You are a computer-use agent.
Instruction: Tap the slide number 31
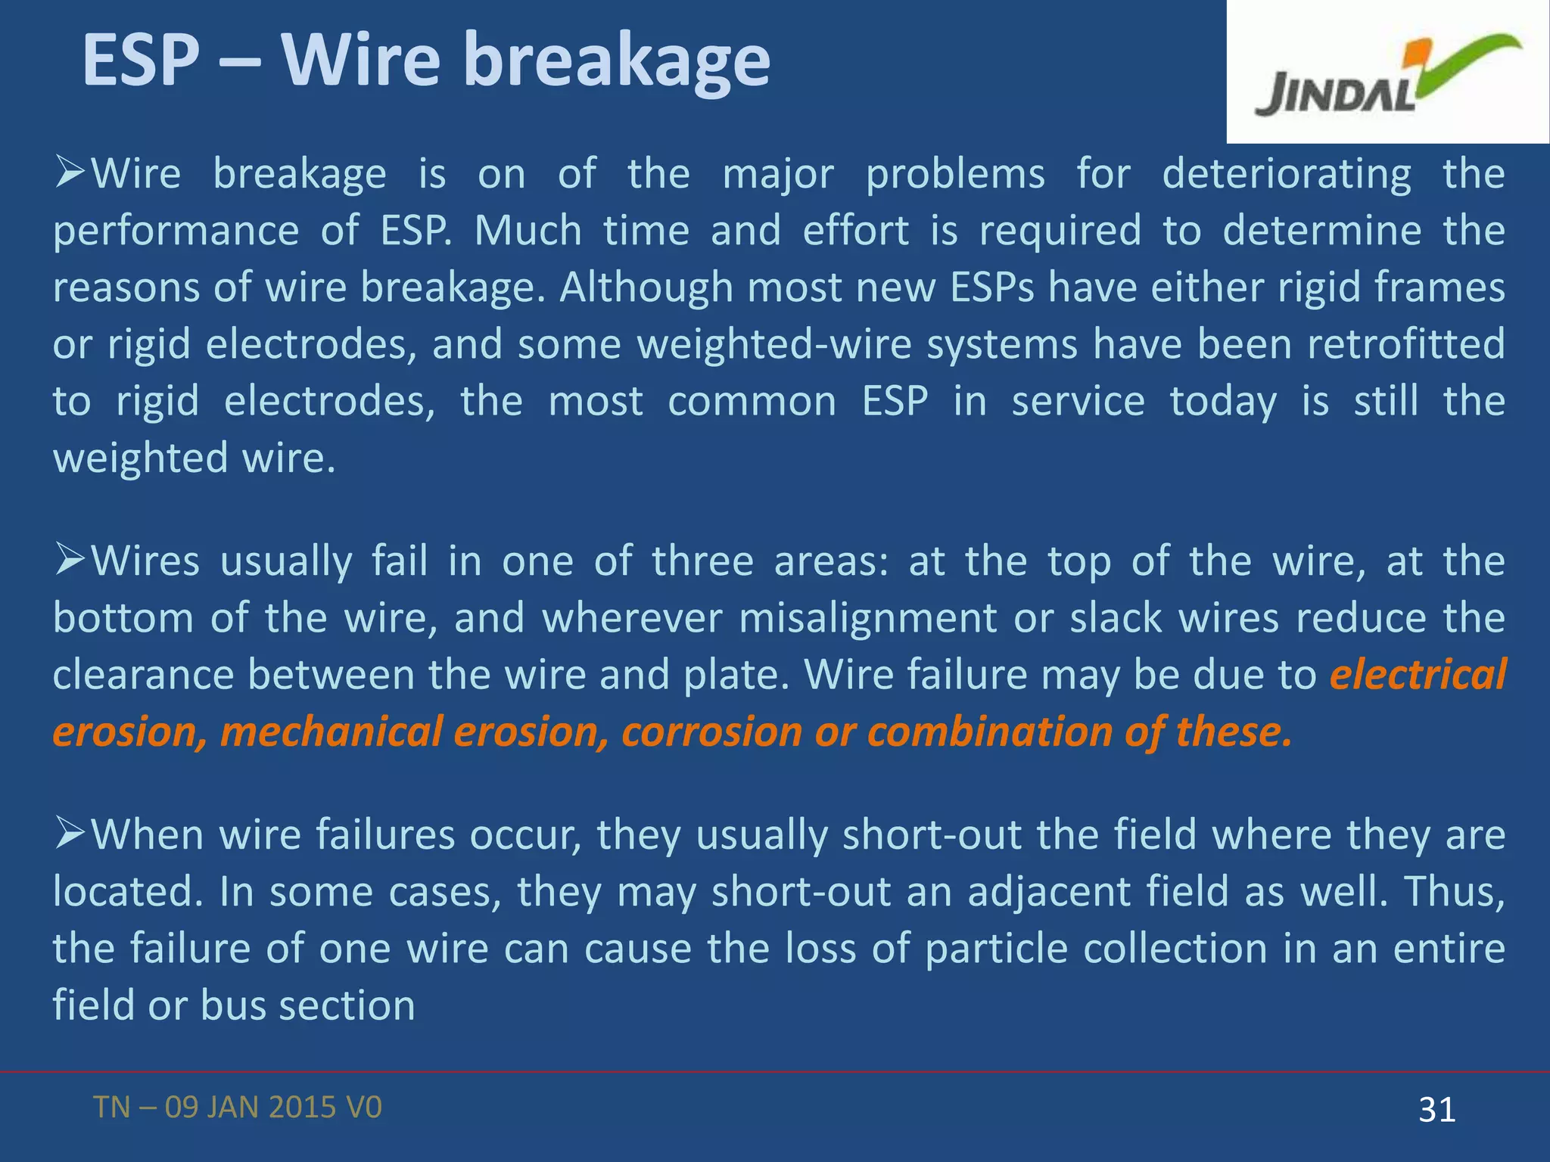click(1436, 1110)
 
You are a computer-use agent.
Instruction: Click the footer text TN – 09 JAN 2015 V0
click(238, 1108)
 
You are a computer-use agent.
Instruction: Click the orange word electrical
click(1418, 675)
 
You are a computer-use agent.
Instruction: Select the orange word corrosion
click(711, 732)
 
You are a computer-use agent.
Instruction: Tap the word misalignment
click(867, 619)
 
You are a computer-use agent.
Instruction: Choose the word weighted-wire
click(773, 345)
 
